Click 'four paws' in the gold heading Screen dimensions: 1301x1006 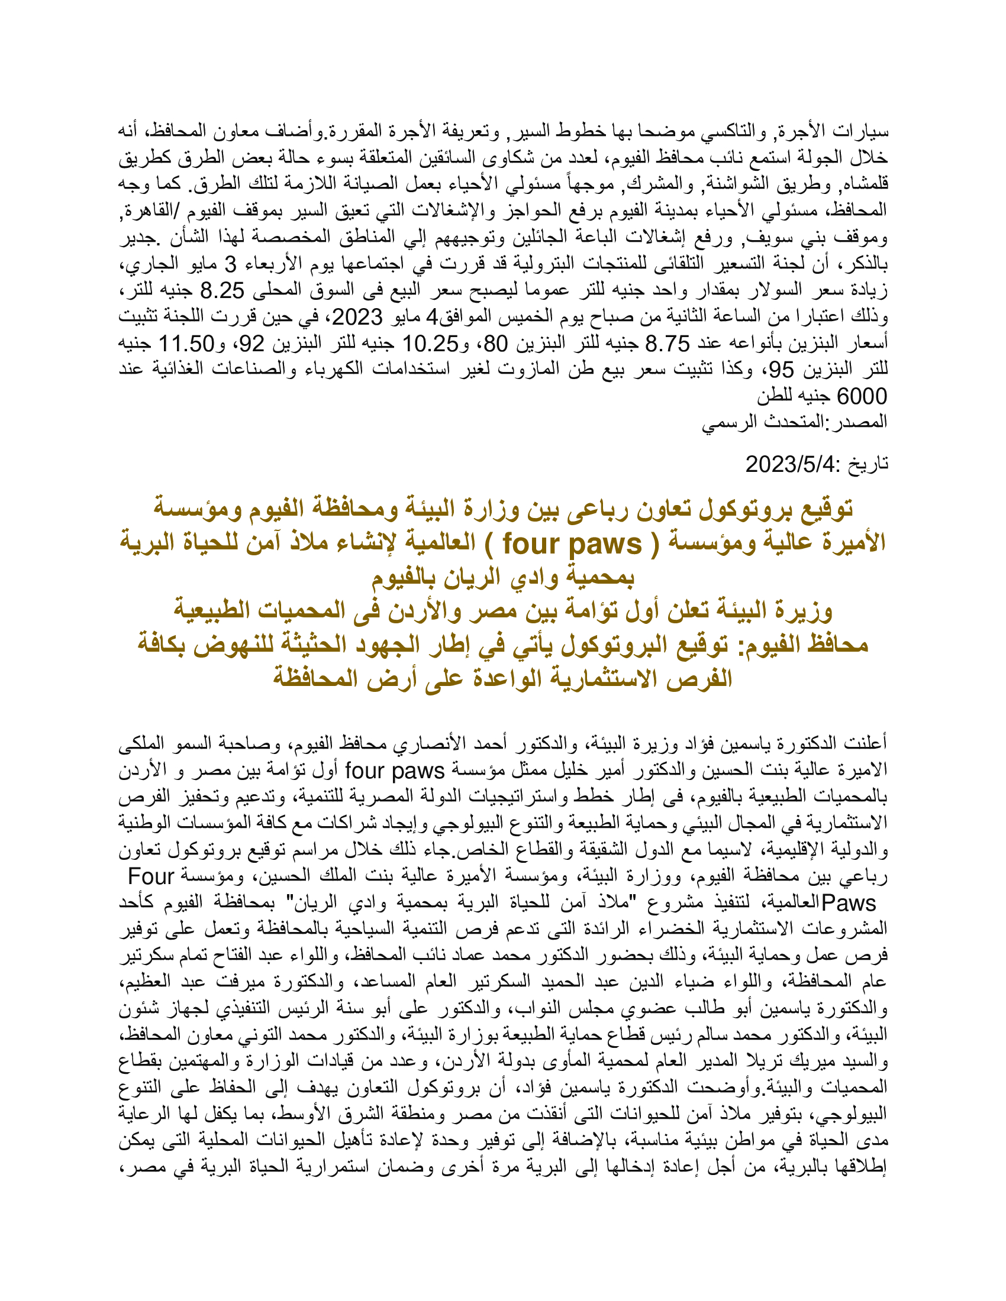tap(572, 543)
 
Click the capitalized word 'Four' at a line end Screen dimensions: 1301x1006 tap(151, 877)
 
